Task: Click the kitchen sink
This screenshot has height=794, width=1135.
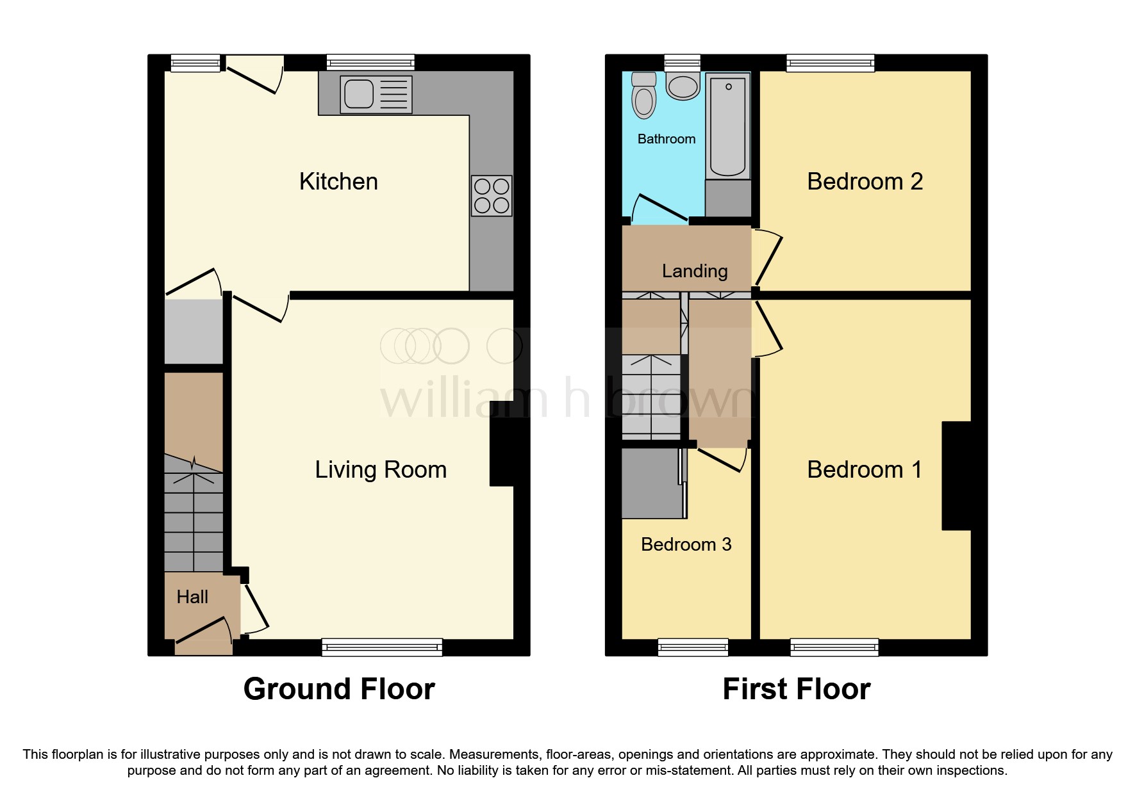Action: click(x=376, y=95)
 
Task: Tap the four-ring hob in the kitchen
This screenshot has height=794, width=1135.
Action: click(x=492, y=195)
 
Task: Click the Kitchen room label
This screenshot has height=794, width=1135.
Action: click(x=338, y=182)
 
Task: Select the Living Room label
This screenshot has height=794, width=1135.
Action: click(x=381, y=470)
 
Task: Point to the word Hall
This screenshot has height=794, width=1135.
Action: click(x=192, y=597)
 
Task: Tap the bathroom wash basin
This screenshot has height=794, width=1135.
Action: click(x=683, y=86)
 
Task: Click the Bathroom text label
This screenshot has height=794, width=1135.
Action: click(x=667, y=139)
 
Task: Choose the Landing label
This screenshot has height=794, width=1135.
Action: click(x=695, y=271)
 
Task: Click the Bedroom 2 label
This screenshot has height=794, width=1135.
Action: click(x=865, y=182)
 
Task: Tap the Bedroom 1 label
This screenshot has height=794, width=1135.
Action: click(x=865, y=470)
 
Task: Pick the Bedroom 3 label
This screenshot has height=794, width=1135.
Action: click(x=686, y=544)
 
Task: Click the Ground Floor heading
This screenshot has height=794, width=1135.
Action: click(x=339, y=689)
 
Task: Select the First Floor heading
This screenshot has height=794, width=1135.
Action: click(x=796, y=689)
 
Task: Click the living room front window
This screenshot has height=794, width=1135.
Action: click(x=382, y=647)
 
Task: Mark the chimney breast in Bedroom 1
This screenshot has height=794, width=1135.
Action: click(x=956, y=476)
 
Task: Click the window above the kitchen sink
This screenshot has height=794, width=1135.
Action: click(x=370, y=63)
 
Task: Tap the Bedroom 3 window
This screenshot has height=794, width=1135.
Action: click(x=693, y=647)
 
